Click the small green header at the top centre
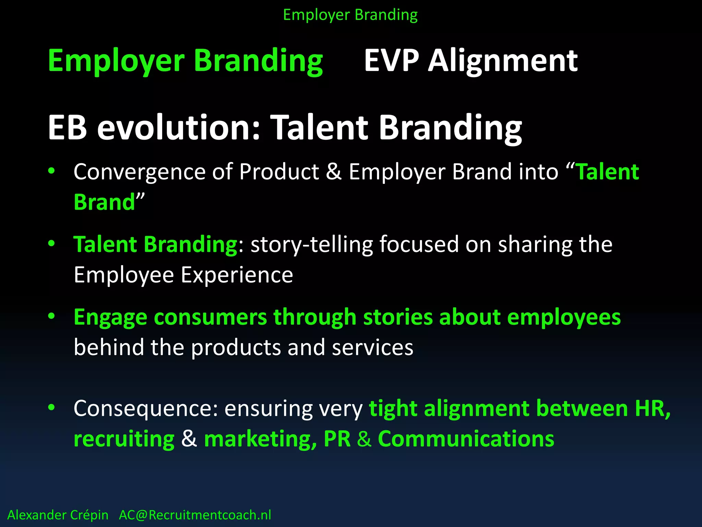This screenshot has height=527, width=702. click(x=350, y=15)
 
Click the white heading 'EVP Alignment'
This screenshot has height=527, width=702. click(x=471, y=61)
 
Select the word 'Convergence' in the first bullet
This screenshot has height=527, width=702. click(x=139, y=172)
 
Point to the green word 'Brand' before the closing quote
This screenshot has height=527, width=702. click(x=105, y=202)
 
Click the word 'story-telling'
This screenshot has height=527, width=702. click(x=311, y=245)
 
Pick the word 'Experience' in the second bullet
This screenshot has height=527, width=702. click(x=237, y=275)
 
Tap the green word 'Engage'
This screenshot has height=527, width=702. click(x=110, y=318)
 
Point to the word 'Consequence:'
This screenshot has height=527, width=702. click(x=146, y=409)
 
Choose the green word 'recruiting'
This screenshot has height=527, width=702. click(x=124, y=439)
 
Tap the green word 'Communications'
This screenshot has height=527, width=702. click(x=466, y=439)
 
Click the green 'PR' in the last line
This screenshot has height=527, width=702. click(x=337, y=439)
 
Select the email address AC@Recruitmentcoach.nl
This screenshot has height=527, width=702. click(x=195, y=515)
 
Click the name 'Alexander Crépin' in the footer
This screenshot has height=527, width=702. click(x=58, y=515)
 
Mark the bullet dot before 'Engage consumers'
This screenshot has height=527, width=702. click(x=51, y=316)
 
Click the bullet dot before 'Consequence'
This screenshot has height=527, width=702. click(x=51, y=408)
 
